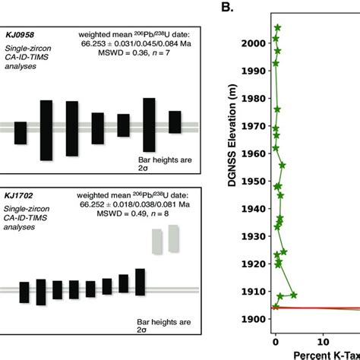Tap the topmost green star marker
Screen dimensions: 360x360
(277, 28)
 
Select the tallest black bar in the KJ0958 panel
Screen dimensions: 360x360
(46, 130)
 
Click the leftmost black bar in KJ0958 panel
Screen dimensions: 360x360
(21, 133)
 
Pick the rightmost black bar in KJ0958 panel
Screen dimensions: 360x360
(175, 122)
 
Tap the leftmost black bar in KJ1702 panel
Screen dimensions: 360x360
(24, 292)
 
